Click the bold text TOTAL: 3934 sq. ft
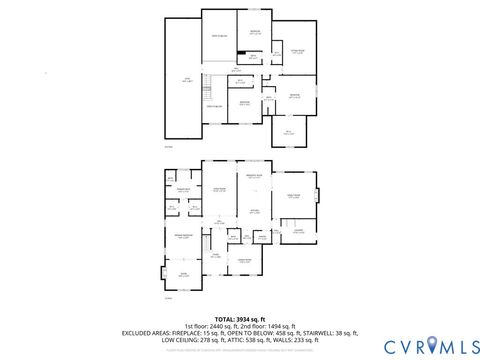(239, 317)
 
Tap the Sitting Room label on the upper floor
(297, 50)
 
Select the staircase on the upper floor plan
(211, 81)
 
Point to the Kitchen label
(254, 210)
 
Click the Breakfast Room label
(254, 177)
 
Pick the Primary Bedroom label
(183, 237)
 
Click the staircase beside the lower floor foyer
(204, 244)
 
